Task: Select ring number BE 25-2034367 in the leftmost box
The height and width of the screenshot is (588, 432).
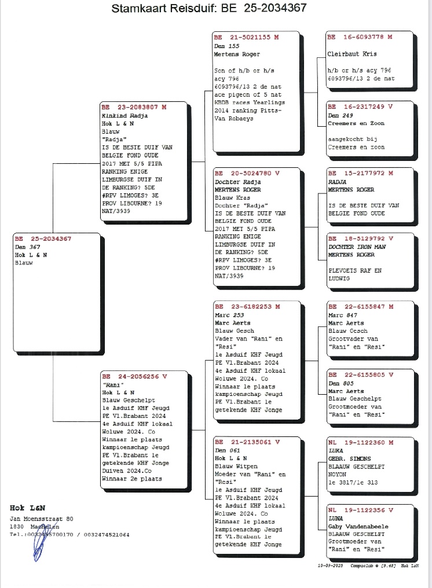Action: tap(43, 239)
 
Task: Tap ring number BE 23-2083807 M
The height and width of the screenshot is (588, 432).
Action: tap(134, 107)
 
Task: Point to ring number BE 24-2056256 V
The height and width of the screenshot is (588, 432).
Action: tap(134, 376)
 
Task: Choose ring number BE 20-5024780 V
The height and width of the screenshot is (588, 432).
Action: tap(246, 173)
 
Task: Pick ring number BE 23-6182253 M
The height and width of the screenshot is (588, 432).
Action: tap(246, 307)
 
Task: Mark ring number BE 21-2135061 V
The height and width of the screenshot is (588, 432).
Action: tap(246, 442)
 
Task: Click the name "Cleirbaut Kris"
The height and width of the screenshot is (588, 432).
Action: tap(352, 54)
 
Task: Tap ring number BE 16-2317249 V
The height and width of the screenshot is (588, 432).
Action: tap(360, 107)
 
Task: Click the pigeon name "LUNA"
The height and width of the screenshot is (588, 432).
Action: tap(335, 518)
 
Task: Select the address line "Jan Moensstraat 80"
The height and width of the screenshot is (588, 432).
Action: tap(41, 518)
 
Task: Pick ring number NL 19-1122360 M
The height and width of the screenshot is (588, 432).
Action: tap(360, 442)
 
